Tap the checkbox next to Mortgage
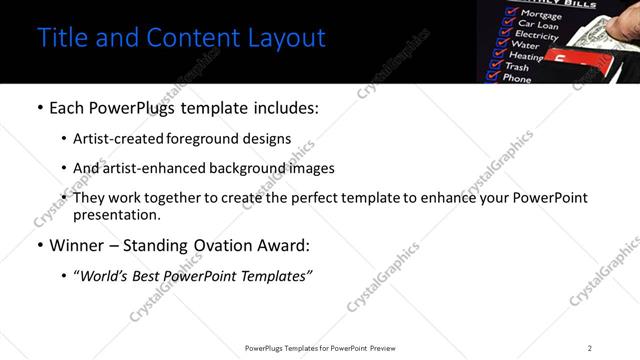511,14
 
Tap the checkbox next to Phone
490,76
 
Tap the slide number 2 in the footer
590,348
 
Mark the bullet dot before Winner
38,245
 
